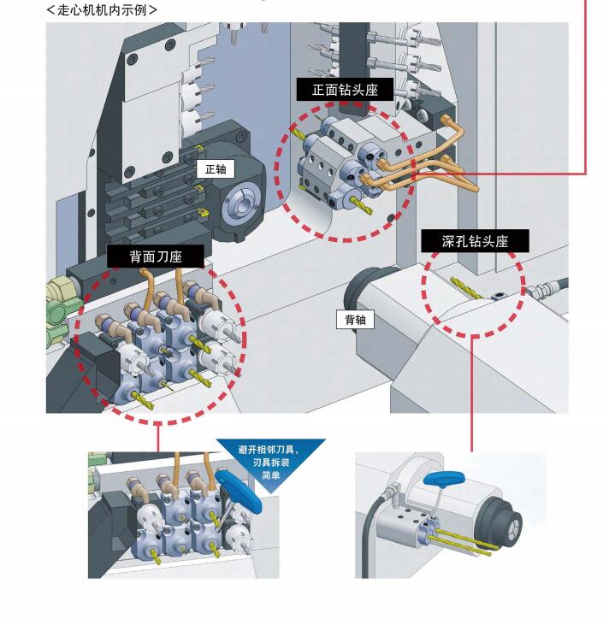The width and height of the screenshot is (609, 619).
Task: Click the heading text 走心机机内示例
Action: [x=102, y=9]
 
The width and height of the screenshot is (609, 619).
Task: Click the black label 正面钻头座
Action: [x=346, y=89]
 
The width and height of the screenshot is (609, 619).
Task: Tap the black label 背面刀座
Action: [x=156, y=256]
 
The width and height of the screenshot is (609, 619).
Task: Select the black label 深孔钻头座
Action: [x=475, y=241]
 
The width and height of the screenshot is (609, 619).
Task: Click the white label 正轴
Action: [x=216, y=169]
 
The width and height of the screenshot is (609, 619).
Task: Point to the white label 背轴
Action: [x=355, y=319]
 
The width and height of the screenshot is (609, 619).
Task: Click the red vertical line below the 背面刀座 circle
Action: [x=157, y=438]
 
